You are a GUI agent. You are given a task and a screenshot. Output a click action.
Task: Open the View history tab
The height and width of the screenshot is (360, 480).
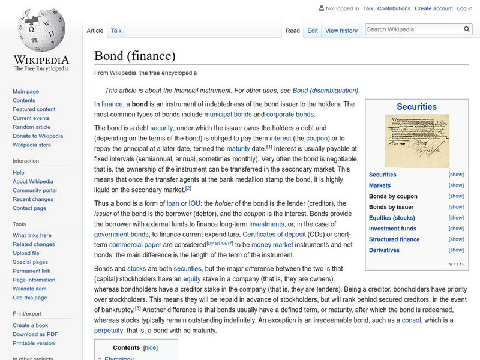[341, 31]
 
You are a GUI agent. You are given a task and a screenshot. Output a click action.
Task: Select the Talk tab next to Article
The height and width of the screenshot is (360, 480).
[116, 31]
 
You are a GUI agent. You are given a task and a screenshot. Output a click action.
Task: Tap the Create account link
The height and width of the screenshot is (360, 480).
[433, 8]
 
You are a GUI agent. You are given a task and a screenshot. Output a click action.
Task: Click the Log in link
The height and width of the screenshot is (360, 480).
[464, 8]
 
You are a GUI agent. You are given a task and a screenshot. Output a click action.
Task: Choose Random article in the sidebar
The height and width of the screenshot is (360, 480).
[32, 127]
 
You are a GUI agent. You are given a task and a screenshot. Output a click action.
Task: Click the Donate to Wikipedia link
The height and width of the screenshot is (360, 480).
[38, 136]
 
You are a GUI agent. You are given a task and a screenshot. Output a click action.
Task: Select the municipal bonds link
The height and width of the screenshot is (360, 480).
[227, 114]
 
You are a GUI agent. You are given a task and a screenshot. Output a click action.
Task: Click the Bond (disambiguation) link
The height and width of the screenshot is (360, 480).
[325, 91]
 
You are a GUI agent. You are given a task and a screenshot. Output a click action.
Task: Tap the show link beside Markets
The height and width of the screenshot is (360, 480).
[456, 185]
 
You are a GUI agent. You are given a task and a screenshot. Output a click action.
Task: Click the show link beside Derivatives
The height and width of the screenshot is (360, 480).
[456, 250]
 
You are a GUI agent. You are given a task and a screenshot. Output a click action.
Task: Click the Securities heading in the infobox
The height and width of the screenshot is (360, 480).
[416, 107]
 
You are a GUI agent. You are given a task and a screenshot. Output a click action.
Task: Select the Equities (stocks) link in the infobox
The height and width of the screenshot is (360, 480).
[391, 218]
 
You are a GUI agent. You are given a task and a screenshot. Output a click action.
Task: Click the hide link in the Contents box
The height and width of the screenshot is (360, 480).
[150, 347]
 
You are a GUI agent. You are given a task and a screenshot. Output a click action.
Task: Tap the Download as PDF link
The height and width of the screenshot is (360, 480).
[35, 334]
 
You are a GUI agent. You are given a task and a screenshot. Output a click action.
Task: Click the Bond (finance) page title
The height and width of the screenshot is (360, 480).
[134, 56]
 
